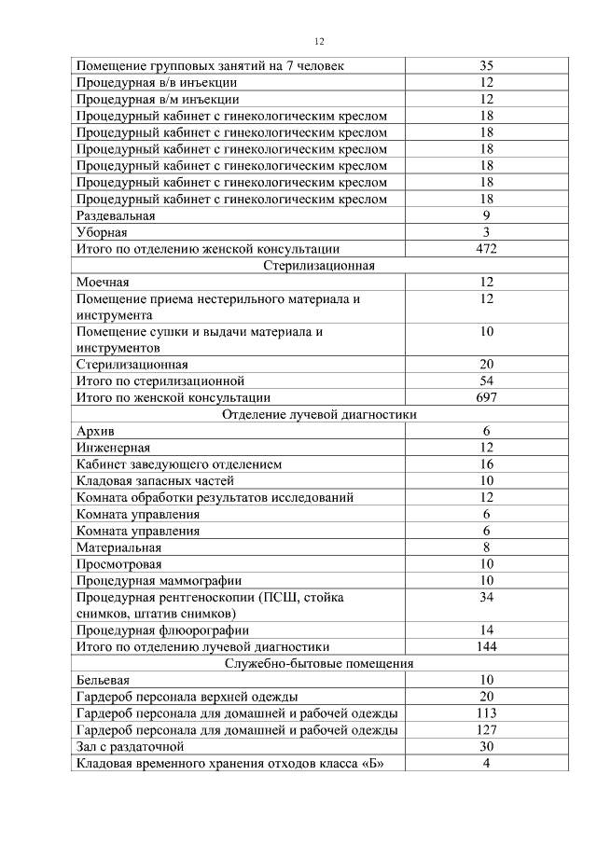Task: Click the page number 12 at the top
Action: (x=319, y=41)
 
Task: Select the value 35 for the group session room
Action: (x=486, y=66)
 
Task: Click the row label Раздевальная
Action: (x=116, y=215)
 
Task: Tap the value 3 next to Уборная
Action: (x=486, y=232)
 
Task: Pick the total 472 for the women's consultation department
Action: (x=486, y=249)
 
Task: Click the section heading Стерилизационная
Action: (x=319, y=266)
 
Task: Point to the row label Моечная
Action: (x=103, y=283)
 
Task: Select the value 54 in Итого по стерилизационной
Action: (x=486, y=381)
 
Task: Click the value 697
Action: (x=486, y=398)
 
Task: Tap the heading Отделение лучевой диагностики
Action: (x=319, y=415)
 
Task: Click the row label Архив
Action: (x=94, y=432)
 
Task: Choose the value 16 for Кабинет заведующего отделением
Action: (x=486, y=464)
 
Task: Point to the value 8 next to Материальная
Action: (x=486, y=547)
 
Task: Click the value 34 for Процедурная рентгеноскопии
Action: (x=486, y=597)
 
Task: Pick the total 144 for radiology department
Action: (x=486, y=647)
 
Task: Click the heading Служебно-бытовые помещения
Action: (x=319, y=664)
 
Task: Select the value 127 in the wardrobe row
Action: (x=486, y=730)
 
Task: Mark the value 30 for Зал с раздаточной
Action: (x=486, y=747)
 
